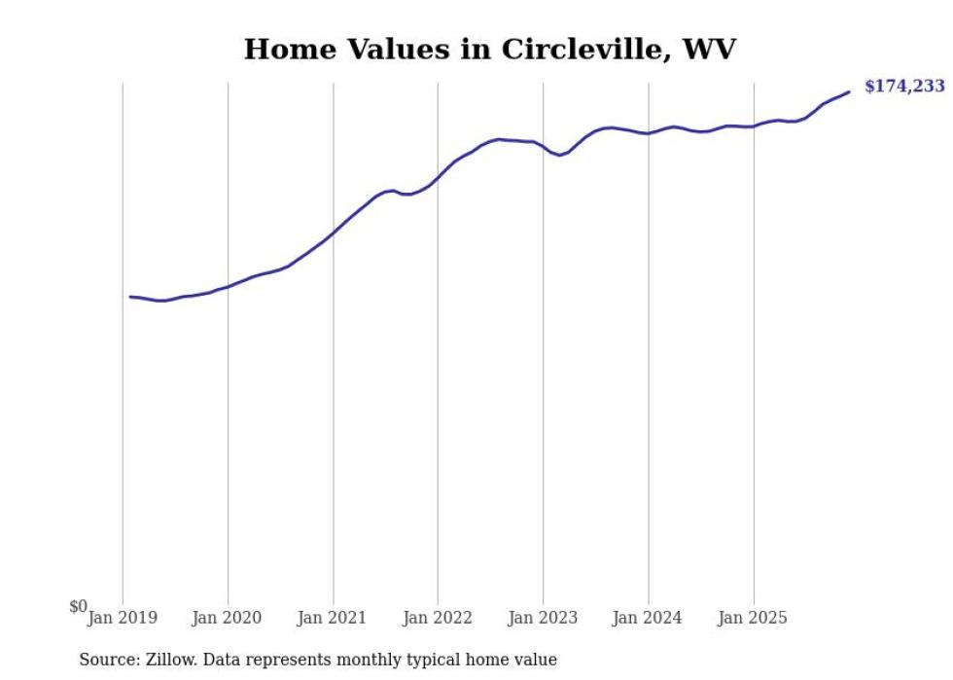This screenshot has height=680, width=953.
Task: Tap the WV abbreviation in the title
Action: [x=709, y=50]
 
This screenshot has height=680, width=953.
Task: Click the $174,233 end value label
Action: [x=904, y=87]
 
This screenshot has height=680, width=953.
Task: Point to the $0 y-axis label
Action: [x=78, y=607]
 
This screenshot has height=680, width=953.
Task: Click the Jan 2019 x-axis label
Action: [x=123, y=618]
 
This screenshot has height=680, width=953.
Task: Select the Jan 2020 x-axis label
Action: [x=228, y=618]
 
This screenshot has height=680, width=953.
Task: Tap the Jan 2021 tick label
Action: [x=333, y=618]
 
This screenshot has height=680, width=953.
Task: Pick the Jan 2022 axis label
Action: [x=438, y=618]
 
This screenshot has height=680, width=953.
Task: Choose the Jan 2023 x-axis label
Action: [x=543, y=618]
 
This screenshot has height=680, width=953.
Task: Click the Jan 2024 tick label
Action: [x=648, y=618]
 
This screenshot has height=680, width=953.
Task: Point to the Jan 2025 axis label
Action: [x=753, y=618]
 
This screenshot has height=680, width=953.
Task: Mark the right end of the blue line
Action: [x=849, y=91]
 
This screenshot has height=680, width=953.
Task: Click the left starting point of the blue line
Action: [x=130, y=297]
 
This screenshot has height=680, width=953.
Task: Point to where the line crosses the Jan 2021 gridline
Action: [x=334, y=233]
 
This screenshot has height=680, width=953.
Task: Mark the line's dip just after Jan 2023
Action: [x=559, y=155]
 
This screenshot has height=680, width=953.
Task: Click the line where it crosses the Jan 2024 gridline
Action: [x=649, y=133]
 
